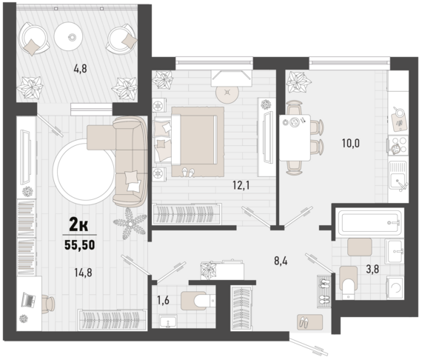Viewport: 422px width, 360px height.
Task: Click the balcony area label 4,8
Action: [80, 69]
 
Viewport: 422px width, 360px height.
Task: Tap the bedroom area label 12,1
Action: [241, 185]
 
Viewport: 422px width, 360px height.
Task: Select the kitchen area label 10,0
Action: [351, 143]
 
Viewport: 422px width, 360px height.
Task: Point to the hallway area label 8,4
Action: [281, 261]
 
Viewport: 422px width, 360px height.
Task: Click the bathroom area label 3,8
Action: [372, 269]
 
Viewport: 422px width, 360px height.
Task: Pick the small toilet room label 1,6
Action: [163, 300]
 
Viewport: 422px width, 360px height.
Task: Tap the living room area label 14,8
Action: [83, 273]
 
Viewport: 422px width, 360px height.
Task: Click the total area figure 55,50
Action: [80, 245]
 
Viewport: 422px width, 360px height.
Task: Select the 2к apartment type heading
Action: [78, 225]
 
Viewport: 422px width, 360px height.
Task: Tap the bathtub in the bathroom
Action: [369, 223]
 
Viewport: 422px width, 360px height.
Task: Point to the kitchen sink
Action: [398, 176]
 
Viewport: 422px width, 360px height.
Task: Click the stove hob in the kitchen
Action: [398, 146]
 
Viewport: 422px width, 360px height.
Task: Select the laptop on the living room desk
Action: [28, 300]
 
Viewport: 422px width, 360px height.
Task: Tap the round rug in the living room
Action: [84, 172]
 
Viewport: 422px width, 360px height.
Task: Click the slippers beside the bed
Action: [188, 172]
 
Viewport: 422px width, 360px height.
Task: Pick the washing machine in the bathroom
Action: [395, 287]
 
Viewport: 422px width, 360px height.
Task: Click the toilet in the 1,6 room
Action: [198, 300]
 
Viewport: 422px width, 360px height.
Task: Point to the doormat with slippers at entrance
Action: [309, 322]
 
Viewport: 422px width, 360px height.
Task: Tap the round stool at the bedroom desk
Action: [227, 93]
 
